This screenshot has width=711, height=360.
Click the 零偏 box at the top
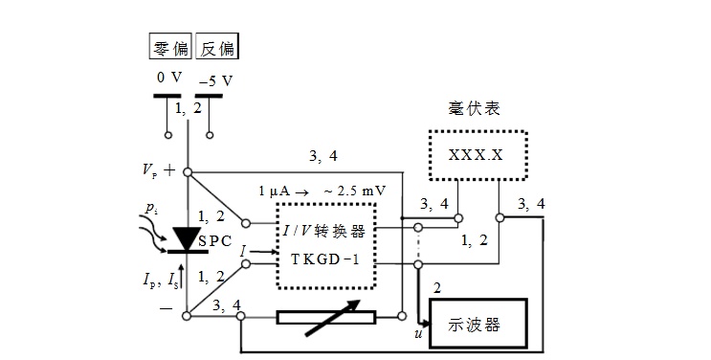tap(170, 46)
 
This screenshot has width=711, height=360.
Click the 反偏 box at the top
tap(217, 46)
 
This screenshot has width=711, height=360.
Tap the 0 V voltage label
tap(169, 78)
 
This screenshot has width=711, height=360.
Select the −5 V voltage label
tap(216, 81)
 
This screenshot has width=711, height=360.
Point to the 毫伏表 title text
tap(474, 108)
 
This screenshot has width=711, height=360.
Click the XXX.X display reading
tap(476, 155)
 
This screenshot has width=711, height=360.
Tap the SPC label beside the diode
tap(215, 241)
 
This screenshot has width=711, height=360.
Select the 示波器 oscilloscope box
tap(478, 324)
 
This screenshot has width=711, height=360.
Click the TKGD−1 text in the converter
tap(325, 259)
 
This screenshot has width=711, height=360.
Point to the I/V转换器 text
tap(323, 231)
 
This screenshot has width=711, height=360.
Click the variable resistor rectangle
tap(326, 317)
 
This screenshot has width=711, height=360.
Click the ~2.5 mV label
tap(355, 191)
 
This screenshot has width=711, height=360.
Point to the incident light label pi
tap(151, 209)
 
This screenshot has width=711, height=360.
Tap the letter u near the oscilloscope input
tap(418, 333)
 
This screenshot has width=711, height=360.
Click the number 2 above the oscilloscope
tap(436, 288)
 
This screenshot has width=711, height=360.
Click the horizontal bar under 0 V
tap(167, 96)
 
